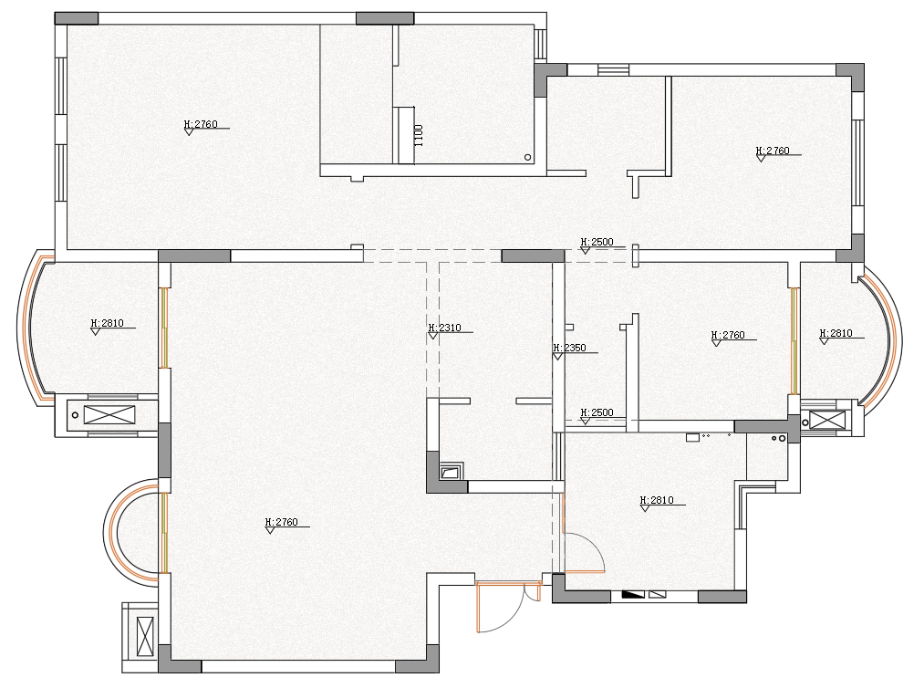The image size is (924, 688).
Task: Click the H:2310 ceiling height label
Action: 445,328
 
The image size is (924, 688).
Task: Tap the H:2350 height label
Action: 570,348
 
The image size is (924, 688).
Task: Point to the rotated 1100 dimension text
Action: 419,135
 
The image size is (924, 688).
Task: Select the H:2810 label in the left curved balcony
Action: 108,323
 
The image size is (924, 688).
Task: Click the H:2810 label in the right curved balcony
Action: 836,333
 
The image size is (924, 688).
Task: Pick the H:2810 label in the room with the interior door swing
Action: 657,500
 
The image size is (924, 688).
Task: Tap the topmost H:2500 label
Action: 597,242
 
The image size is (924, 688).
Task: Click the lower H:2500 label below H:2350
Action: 597,412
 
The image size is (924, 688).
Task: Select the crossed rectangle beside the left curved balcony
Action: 109,415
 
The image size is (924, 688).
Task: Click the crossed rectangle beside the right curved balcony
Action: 826,421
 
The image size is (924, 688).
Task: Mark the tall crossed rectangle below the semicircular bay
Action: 145,636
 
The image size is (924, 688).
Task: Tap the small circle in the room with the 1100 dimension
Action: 528,158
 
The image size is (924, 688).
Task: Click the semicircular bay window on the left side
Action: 112,533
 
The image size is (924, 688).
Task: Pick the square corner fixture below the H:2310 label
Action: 452,471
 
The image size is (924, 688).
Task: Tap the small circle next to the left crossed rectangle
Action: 75,415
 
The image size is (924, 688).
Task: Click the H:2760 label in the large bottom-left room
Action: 282,522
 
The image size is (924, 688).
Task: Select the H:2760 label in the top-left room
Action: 201,124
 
